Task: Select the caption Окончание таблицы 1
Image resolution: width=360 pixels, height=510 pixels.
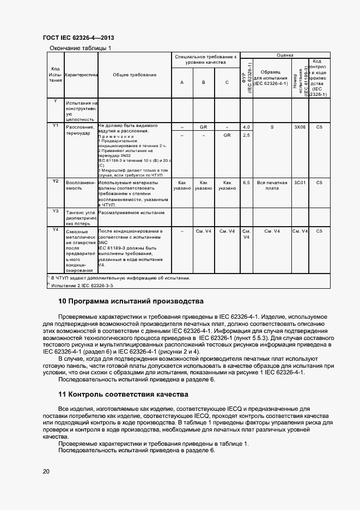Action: click(x=80, y=48)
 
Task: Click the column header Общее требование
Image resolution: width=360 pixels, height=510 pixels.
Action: click(x=135, y=75)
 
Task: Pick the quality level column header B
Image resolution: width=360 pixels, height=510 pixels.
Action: click(x=203, y=83)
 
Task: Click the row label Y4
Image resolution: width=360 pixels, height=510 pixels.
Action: click(x=55, y=230)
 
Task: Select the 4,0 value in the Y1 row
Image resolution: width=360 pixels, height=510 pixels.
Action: click(x=246, y=126)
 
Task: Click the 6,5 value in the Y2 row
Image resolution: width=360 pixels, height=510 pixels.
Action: click(x=246, y=183)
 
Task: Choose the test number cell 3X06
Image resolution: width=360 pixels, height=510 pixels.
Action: click(x=300, y=126)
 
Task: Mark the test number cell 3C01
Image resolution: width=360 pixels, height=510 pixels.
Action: click(x=300, y=183)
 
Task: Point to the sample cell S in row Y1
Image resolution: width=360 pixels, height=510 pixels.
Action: click(x=272, y=126)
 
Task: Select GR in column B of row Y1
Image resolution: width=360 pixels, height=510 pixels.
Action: click(x=203, y=126)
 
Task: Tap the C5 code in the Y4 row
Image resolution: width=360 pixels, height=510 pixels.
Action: click(x=319, y=231)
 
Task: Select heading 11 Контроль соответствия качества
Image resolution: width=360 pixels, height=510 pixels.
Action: click(x=123, y=394)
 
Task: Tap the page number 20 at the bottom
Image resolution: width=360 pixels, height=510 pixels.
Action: click(x=46, y=471)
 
